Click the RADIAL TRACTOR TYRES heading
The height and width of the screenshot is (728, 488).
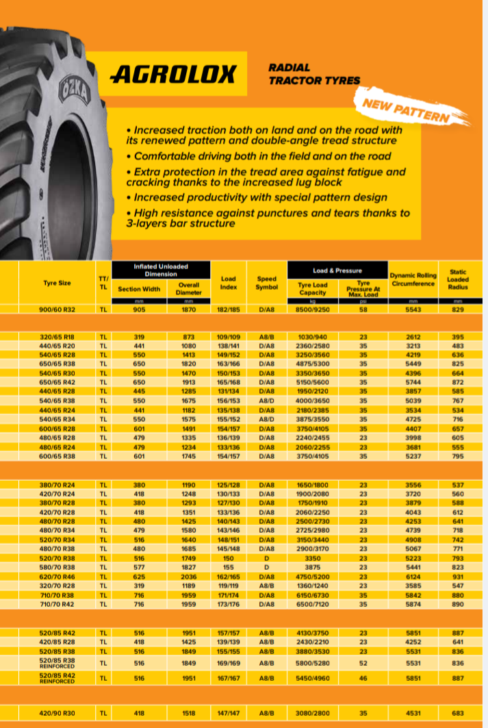[314, 74]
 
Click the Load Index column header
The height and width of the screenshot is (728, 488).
[229, 283]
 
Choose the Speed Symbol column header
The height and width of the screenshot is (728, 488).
[266, 283]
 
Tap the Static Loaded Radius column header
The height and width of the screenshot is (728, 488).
[457, 279]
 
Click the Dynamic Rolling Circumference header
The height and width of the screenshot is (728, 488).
[412, 279]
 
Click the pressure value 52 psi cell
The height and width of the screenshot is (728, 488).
[363, 663]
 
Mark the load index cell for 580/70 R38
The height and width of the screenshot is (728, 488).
[229, 568]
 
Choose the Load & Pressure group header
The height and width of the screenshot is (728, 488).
[337, 270]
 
